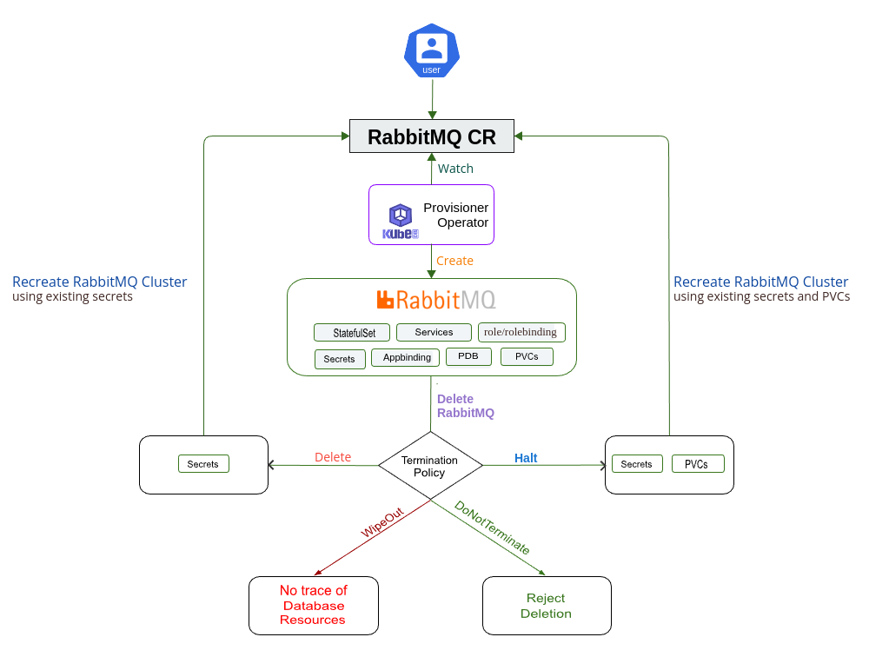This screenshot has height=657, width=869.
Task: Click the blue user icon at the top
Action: point(431,50)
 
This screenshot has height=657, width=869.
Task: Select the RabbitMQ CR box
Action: point(432,136)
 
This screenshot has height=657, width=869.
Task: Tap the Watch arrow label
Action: point(455,169)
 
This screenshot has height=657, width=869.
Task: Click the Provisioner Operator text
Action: point(456,215)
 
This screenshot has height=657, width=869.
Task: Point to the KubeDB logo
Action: point(400,222)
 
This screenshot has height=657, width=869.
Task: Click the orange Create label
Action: point(454,261)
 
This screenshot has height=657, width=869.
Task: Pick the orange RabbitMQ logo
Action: point(435,300)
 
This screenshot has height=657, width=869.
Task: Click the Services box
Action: point(434,332)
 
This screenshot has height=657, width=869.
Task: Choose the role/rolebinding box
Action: point(521,332)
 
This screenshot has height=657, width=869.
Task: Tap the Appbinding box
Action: point(405,357)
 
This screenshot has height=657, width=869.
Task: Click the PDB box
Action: point(468,356)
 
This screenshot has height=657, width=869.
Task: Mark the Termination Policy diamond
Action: point(430,466)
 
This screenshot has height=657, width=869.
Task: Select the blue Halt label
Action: point(526,458)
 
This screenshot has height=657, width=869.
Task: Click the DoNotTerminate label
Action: point(492,528)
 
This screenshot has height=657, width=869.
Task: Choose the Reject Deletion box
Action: point(547,606)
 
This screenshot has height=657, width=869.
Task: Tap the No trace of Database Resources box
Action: point(314,605)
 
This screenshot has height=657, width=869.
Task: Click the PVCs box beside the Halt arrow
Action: point(697,464)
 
